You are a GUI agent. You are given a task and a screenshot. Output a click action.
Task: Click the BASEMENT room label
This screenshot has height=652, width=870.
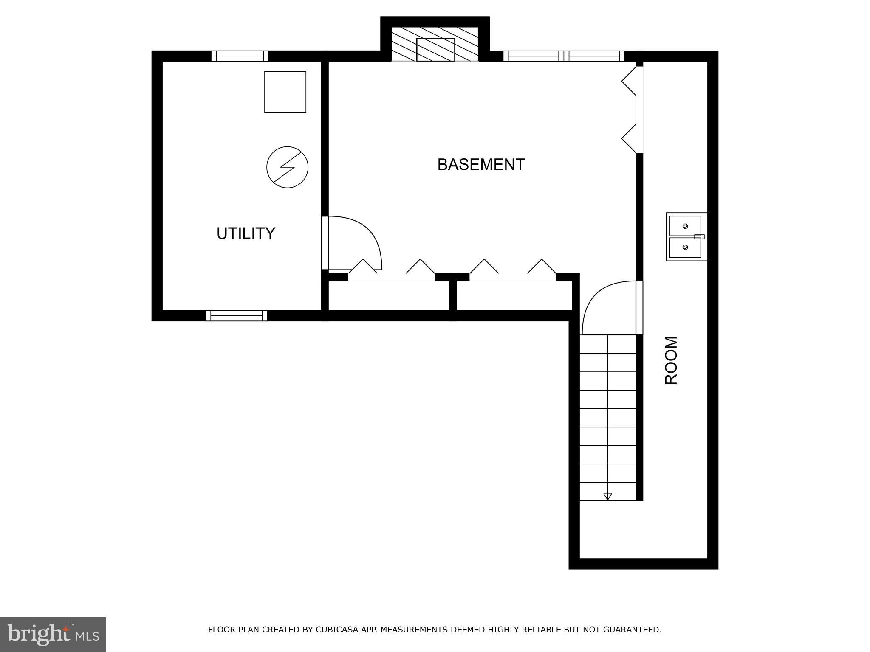481,165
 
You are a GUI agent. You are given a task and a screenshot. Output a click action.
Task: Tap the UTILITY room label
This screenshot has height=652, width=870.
246,233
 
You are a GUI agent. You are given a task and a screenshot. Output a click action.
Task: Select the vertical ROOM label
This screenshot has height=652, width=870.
671,360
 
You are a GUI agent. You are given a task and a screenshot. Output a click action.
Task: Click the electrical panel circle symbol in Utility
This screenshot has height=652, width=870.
287,167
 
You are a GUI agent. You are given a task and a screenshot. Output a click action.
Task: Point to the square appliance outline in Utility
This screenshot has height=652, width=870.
285,92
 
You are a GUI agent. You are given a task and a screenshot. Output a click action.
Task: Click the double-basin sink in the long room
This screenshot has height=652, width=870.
686,237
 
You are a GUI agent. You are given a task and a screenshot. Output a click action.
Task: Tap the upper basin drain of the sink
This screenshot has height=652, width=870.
685,226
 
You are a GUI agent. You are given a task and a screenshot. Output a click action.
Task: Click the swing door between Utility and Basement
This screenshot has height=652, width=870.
353,243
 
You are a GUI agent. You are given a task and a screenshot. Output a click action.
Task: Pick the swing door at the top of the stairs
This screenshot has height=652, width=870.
610,307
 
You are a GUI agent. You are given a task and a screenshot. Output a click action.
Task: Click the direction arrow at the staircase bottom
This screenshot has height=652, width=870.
607,496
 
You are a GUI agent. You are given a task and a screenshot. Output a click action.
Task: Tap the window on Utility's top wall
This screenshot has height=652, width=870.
240,56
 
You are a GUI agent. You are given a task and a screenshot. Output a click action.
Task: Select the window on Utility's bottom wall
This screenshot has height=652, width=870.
237,315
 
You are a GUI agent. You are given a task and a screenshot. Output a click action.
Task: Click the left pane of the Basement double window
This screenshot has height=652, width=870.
534,56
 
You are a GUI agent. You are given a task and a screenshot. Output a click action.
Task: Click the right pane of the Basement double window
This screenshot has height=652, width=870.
594,56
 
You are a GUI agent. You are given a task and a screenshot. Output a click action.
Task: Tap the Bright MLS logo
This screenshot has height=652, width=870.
53,634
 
